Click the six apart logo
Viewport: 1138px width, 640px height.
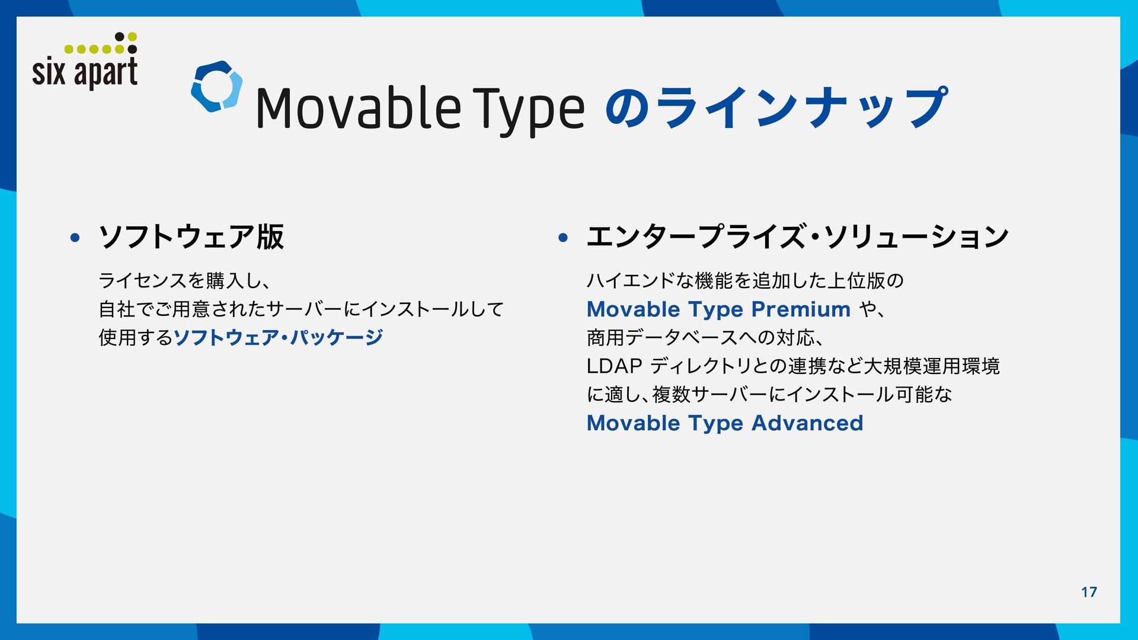pos(85,61)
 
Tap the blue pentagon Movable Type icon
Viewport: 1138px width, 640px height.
pos(217,87)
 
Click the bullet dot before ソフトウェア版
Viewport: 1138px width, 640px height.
pos(75,238)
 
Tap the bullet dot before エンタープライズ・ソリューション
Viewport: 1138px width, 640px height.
pos(563,238)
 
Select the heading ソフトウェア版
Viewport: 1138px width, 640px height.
pos(191,236)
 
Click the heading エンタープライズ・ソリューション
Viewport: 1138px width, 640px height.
pos(798,236)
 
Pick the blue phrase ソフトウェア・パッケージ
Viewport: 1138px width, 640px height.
pos(278,337)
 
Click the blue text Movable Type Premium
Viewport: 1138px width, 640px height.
pos(718,309)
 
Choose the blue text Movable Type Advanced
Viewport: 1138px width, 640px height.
pos(725,423)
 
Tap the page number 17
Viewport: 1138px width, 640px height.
pos(1089,592)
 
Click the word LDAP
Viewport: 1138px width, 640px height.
pos(614,366)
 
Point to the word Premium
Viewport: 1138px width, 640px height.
pos(801,309)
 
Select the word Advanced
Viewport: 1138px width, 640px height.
pos(807,423)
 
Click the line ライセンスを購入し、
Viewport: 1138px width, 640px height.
pos(184,280)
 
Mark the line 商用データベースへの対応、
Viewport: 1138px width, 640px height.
pos(705,338)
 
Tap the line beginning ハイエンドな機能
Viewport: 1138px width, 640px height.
pos(745,280)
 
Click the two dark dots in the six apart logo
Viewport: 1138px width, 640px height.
pos(126,43)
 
